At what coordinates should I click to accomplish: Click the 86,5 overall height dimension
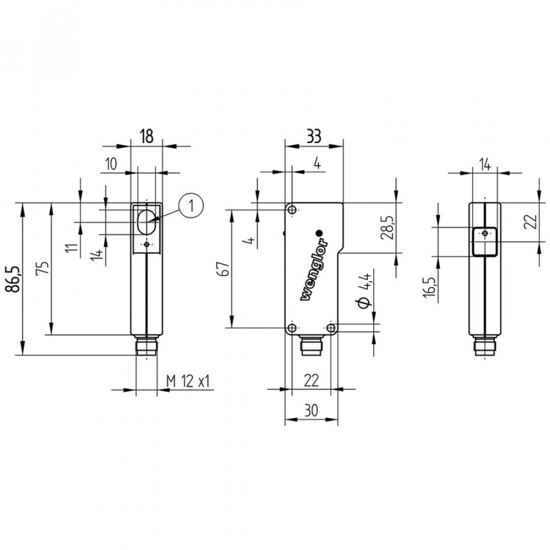[13, 279]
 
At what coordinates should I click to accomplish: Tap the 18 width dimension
[147, 136]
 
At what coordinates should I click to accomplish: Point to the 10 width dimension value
[111, 164]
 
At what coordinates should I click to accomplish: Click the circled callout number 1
[191, 205]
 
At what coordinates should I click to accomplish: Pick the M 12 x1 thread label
[188, 381]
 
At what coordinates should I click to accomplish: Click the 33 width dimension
[314, 136]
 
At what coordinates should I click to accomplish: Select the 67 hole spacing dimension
[224, 268]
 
